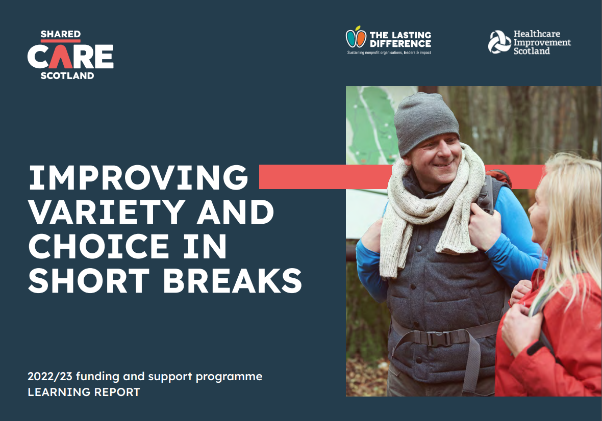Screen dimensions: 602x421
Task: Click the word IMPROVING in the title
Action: click(139, 177)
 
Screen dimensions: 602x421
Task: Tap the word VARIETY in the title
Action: click(107, 212)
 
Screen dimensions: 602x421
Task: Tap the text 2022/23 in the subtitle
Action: click(50, 377)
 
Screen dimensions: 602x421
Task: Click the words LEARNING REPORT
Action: click(84, 392)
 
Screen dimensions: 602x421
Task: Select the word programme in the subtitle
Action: click(229, 377)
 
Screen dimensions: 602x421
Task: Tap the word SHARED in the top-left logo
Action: click(61, 34)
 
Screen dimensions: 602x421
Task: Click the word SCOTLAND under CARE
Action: click(67, 75)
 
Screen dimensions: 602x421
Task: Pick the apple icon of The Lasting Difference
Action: click(356, 37)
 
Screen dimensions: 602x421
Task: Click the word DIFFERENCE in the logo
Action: click(400, 44)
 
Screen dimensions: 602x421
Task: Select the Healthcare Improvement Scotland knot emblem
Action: click(499, 42)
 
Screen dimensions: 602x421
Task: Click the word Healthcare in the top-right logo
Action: click(537, 34)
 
